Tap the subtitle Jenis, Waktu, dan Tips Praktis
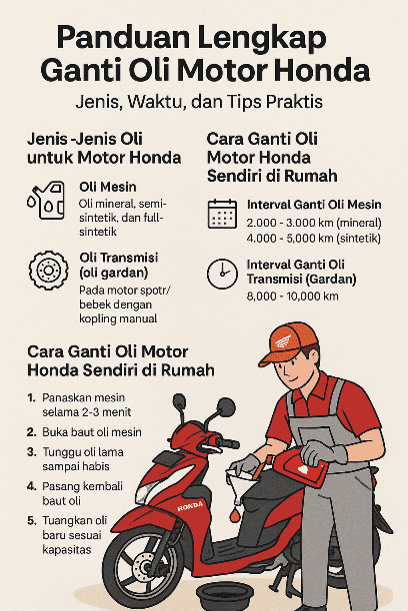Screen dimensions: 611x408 [203, 102]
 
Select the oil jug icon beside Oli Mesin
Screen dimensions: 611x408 [46, 199]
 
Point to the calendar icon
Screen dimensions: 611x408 [221, 213]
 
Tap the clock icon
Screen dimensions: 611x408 [221, 273]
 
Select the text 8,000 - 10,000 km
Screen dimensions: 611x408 [290, 297]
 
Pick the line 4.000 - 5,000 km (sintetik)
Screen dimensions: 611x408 [311, 239]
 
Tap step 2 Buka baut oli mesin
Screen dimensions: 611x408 [91, 431]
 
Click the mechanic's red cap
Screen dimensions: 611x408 [290, 343]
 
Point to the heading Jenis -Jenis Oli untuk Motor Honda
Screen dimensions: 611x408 [103, 148]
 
